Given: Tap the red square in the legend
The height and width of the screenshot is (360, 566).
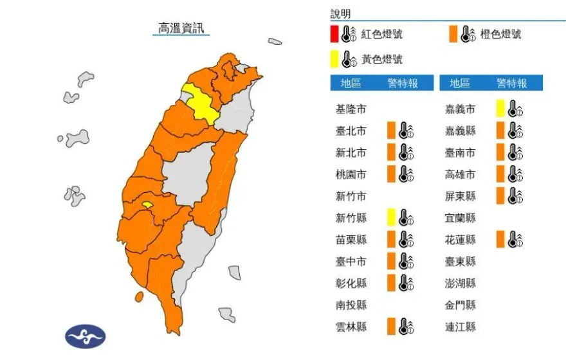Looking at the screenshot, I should [x=334, y=33].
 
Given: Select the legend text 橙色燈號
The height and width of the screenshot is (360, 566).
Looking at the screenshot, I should [x=500, y=34].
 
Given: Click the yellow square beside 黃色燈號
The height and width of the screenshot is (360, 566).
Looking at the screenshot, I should [x=334, y=59].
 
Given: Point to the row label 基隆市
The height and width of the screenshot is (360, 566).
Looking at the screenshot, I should [x=351, y=109].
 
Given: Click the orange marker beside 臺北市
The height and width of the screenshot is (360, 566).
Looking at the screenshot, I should [x=390, y=130].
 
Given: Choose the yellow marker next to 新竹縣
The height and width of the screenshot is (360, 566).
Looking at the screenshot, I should [x=390, y=218].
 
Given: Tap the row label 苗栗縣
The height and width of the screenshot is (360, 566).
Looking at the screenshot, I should [x=351, y=240].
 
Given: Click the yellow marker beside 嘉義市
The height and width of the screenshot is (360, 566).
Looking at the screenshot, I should [x=500, y=109].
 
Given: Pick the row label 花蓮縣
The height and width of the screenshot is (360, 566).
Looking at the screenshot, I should [x=461, y=240].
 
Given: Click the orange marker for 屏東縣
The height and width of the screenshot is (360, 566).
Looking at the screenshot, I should [x=500, y=196].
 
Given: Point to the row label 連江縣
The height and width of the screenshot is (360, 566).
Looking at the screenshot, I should [x=461, y=327].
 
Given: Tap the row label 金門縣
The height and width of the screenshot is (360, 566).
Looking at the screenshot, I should [x=461, y=305].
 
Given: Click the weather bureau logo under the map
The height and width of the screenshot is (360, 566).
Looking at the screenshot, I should [x=85, y=335].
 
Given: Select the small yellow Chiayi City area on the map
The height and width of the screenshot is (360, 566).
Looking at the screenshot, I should [x=147, y=206].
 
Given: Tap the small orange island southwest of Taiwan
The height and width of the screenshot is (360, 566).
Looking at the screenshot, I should [x=139, y=297].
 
